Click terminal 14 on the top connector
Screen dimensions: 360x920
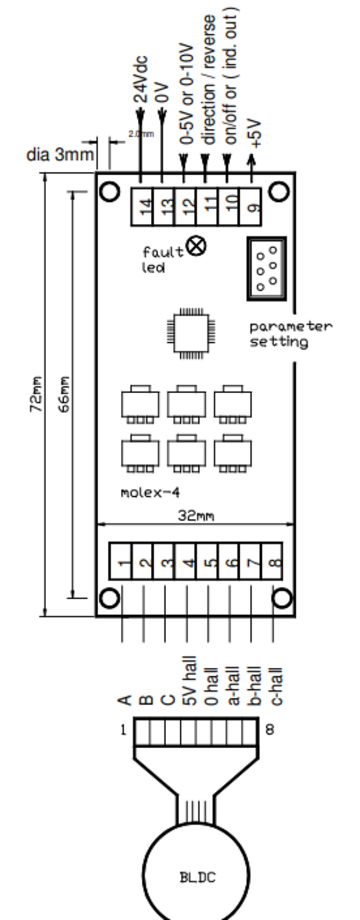(x=142, y=207)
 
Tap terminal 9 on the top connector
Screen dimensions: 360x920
(x=250, y=207)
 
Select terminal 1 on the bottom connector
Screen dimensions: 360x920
(x=120, y=561)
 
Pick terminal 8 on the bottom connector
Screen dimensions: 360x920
(x=272, y=561)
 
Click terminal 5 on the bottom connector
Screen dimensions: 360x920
(x=207, y=561)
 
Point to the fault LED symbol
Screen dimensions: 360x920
(x=196, y=246)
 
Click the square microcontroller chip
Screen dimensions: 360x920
(x=191, y=333)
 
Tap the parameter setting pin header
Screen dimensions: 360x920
(x=266, y=269)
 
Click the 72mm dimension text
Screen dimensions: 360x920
(x=36, y=394)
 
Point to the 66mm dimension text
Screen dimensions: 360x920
(x=64, y=394)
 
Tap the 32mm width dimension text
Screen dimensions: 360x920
(x=196, y=515)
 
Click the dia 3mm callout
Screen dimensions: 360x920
(x=60, y=155)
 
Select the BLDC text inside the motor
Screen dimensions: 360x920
(x=197, y=878)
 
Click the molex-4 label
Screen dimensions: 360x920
(x=150, y=493)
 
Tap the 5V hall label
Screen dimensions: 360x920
(x=189, y=681)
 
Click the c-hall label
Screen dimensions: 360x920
(x=276, y=686)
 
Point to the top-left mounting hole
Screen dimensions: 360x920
(x=110, y=192)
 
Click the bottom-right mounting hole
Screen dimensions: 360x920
(x=282, y=599)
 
